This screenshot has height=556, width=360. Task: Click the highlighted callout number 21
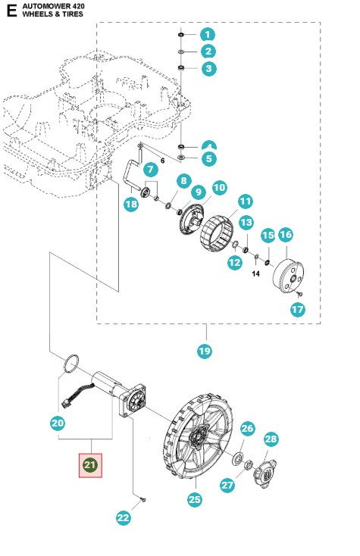click(x=91, y=464)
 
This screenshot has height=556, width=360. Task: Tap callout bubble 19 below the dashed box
click(x=205, y=351)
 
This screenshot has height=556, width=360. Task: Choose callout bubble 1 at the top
click(x=207, y=35)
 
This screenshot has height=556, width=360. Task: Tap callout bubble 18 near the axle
click(x=132, y=205)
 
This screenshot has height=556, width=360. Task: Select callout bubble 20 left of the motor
click(x=58, y=424)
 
